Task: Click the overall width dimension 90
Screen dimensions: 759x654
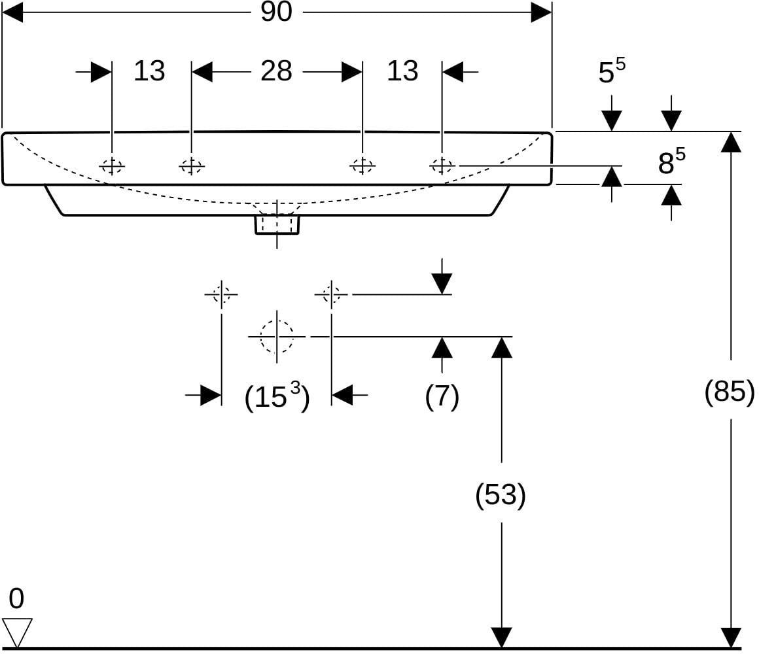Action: pyautogui.click(x=276, y=12)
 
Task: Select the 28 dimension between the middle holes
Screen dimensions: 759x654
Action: pyautogui.click(x=276, y=71)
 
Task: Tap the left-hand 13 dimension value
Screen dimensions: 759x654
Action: pyautogui.click(x=149, y=71)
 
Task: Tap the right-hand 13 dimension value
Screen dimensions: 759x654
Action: pyautogui.click(x=402, y=71)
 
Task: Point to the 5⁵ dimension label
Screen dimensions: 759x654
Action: pyautogui.click(x=612, y=71)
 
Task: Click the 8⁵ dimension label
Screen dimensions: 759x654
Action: pyautogui.click(x=671, y=162)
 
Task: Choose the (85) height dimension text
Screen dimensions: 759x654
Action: pyautogui.click(x=730, y=391)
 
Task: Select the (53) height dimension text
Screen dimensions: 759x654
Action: pyautogui.click(x=501, y=495)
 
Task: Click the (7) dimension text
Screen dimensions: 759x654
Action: pyautogui.click(x=442, y=397)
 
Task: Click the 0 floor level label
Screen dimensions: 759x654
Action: pyautogui.click(x=16, y=599)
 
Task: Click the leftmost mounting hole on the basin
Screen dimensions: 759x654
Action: pyautogui.click(x=112, y=166)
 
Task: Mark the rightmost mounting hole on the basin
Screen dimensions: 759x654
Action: pyautogui.click(x=442, y=166)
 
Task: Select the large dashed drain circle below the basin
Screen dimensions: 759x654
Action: pyautogui.click(x=277, y=336)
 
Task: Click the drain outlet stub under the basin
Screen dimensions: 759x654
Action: pyautogui.click(x=277, y=224)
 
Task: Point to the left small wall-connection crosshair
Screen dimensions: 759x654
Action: pyautogui.click(x=222, y=294)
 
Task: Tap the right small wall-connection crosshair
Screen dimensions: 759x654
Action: pyautogui.click(x=331, y=294)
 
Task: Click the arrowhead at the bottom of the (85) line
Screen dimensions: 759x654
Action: pyautogui.click(x=731, y=637)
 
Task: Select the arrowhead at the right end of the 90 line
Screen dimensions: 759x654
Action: pyautogui.click(x=542, y=12)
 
